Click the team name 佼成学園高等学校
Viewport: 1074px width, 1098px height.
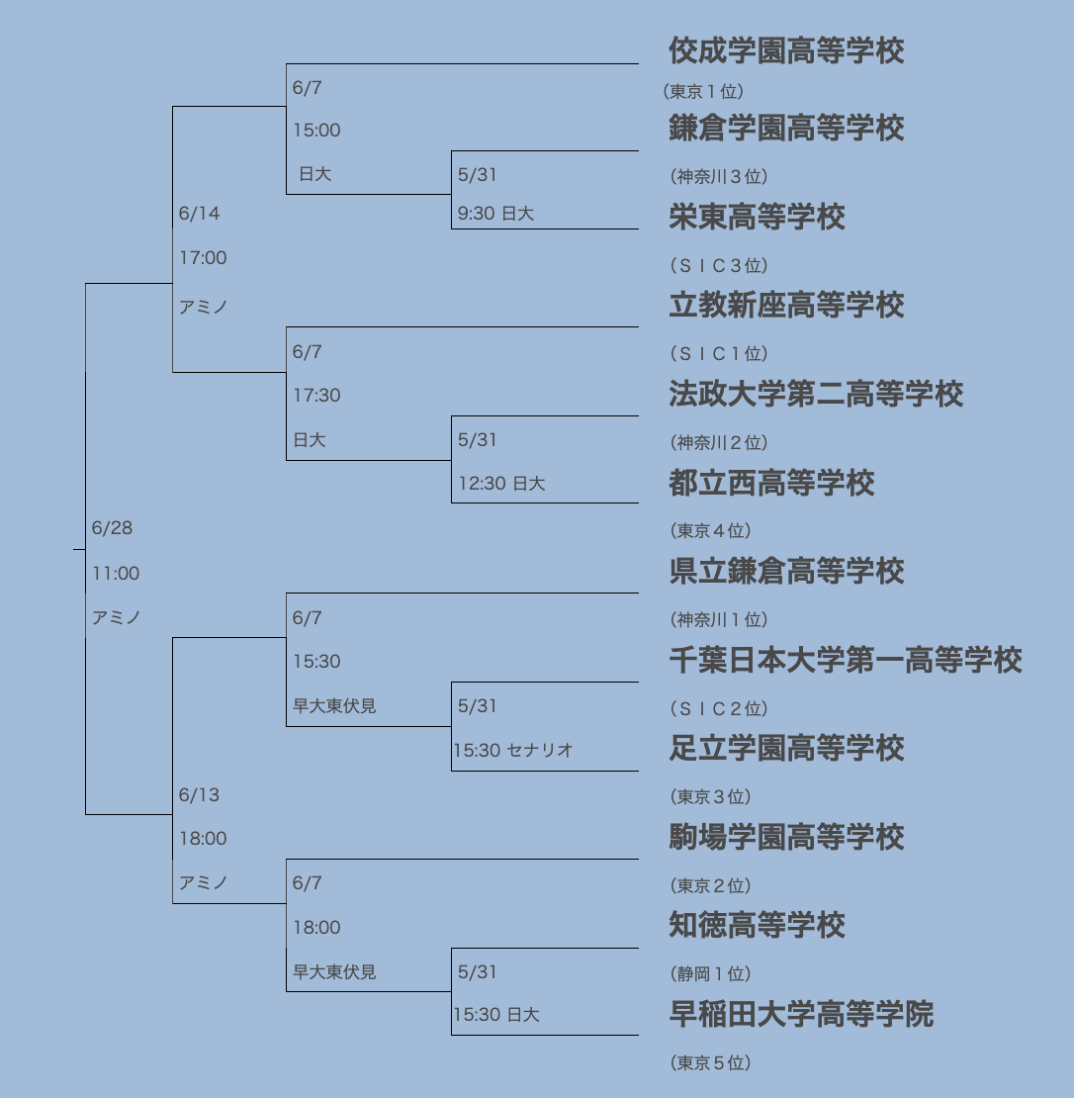[x=786, y=50]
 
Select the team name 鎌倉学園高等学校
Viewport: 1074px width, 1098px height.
[x=786, y=129]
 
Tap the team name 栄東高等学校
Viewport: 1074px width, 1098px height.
[x=757, y=217]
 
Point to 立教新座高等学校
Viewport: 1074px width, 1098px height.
[x=786, y=306]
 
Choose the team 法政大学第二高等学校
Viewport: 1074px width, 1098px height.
[x=816, y=394]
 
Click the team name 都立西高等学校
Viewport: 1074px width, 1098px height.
[x=771, y=483]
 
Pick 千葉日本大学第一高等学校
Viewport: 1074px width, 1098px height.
[x=845, y=661]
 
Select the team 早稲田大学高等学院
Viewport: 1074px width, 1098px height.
[x=801, y=1014]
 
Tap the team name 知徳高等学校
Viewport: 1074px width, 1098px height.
[x=757, y=925]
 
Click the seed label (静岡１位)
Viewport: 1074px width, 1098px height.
[x=710, y=974]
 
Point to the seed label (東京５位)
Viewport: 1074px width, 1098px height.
[x=710, y=1063]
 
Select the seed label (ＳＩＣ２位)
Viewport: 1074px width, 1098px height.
[x=718, y=708]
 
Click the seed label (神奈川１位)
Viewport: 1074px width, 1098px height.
[x=718, y=619]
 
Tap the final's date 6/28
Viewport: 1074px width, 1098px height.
[x=112, y=528]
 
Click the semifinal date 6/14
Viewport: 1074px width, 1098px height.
[x=199, y=214]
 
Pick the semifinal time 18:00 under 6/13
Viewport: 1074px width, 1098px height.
[x=203, y=839]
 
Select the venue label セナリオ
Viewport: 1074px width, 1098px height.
[x=539, y=751]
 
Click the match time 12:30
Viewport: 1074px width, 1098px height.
[x=483, y=484]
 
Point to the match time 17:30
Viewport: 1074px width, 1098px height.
[x=316, y=396]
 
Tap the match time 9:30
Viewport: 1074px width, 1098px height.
[x=476, y=214]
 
